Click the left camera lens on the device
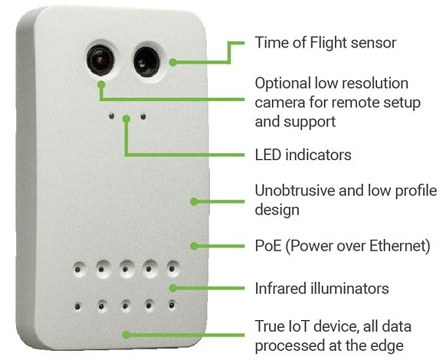(x=100, y=60)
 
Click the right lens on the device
(x=146, y=62)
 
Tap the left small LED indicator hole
(x=112, y=116)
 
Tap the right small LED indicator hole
(x=143, y=116)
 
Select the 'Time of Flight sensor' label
(x=326, y=43)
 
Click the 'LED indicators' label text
(x=303, y=155)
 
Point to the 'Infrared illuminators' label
(x=322, y=288)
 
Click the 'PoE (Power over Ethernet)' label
(x=343, y=246)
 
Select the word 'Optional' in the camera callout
(x=283, y=84)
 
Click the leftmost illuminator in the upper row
(x=78, y=269)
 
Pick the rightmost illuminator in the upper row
(x=172, y=268)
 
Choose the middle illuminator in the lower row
(x=125, y=306)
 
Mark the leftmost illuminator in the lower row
(x=77, y=306)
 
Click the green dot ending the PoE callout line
(x=194, y=246)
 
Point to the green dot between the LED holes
(x=126, y=119)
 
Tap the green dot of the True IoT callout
(x=126, y=335)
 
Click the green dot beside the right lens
(x=172, y=62)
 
